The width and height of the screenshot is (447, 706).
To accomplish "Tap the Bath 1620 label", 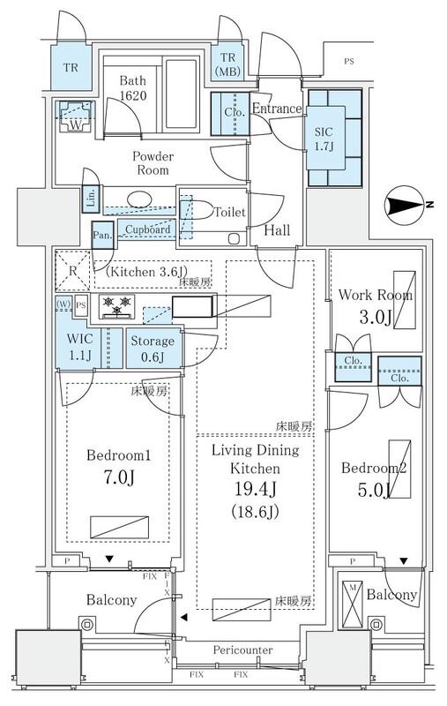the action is [133, 88].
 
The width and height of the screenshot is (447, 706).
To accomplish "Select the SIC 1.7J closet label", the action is [324, 139].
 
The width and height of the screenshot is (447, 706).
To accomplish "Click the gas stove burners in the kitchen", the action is [117, 305].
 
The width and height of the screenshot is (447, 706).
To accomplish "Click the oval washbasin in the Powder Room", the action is [139, 199].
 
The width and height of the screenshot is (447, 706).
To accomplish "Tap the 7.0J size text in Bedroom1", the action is [119, 477].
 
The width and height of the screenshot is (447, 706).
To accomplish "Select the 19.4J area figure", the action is [255, 490].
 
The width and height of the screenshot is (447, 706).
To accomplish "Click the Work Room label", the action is [375, 295].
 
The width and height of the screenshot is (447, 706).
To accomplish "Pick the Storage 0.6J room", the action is [153, 349].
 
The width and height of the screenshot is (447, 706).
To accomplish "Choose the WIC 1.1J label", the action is [80, 347].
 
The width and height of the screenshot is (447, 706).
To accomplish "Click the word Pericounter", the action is [242, 650].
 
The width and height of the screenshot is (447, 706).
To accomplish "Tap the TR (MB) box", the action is [227, 63].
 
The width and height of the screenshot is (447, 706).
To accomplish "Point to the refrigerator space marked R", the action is [73, 272].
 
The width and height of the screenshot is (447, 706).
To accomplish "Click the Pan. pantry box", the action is [102, 235].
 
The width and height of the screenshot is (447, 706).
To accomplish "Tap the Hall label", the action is [277, 230].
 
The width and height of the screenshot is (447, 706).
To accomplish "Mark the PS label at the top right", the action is [349, 61].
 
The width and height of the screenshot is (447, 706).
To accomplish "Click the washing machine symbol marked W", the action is [76, 116].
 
